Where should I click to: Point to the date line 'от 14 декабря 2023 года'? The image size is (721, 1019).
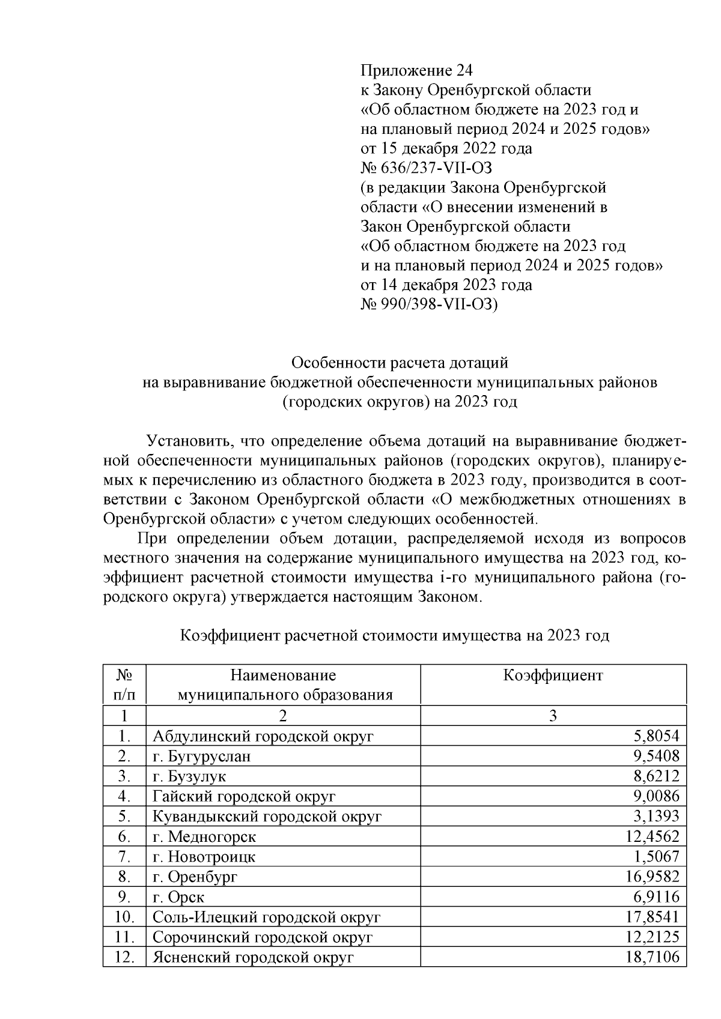pyautogui.click(x=446, y=285)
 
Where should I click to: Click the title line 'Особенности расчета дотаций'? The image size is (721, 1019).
pyautogui.click(x=400, y=363)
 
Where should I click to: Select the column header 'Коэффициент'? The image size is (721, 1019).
pyautogui.click(x=553, y=676)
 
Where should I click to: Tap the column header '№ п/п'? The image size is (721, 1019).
pyautogui.click(x=124, y=685)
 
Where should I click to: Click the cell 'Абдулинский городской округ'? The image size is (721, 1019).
pyautogui.click(x=263, y=736)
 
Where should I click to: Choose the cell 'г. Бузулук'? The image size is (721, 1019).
pyautogui.click(x=189, y=776)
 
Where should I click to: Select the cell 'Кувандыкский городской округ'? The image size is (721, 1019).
pyautogui.click(x=267, y=817)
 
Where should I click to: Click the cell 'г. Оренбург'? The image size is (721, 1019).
pyautogui.click(x=195, y=877)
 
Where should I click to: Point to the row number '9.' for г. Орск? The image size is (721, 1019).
pyautogui.click(x=124, y=897)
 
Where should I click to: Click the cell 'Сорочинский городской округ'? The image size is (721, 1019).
pyautogui.click(x=263, y=937)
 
